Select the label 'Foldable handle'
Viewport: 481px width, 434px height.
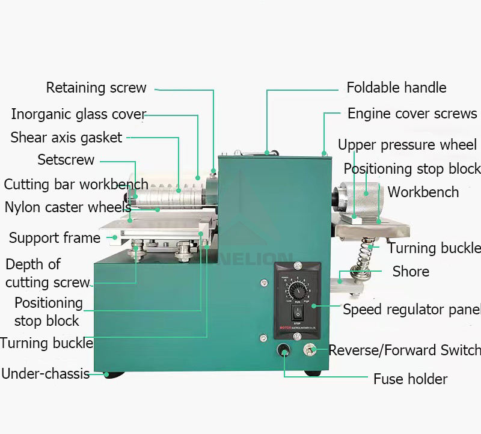396,88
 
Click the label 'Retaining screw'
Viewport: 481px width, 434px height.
96,88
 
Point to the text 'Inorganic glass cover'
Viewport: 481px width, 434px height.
78,114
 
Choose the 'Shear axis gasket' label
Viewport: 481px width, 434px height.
66,138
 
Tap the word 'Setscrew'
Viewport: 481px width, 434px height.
66,160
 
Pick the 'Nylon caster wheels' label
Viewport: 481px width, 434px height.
67,207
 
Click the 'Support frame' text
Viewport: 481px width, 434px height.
54,238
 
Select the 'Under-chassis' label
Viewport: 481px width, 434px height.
45,374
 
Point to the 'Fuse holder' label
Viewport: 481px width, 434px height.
410,379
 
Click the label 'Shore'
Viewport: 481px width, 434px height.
411,272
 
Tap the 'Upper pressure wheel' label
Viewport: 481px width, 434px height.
407,145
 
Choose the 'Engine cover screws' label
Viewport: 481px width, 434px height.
412,114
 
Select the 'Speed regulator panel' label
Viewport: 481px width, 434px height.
412,310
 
